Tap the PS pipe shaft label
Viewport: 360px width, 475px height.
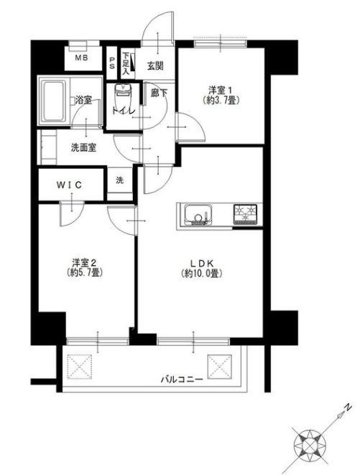(x=112, y=63)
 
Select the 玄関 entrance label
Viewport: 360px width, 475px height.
(x=155, y=65)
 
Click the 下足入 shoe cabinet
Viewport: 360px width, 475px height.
(x=126, y=63)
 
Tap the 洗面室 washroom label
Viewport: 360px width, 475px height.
(x=83, y=148)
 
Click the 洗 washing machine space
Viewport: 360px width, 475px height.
(x=119, y=180)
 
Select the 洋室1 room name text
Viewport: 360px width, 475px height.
(x=221, y=90)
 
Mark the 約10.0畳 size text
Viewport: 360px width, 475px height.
(x=200, y=273)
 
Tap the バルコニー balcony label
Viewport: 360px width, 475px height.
(x=182, y=378)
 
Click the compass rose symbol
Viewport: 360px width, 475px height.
(x=311, y=441)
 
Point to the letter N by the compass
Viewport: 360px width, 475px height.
(x=346, y=407)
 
